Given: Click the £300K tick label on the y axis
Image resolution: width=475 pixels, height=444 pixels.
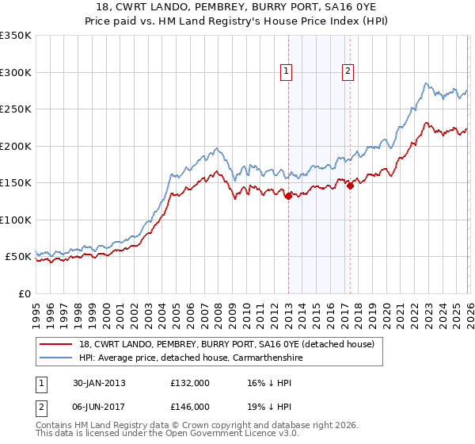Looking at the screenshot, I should coord(16,72).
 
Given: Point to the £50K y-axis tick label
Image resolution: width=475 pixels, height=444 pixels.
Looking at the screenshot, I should coord(18,257).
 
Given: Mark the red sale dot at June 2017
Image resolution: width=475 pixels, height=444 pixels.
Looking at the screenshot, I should coord(349,186).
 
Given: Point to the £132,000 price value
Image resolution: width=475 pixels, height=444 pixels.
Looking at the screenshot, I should coord(189,383).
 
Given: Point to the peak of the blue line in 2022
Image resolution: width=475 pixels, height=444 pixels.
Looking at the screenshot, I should coord(426,82).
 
